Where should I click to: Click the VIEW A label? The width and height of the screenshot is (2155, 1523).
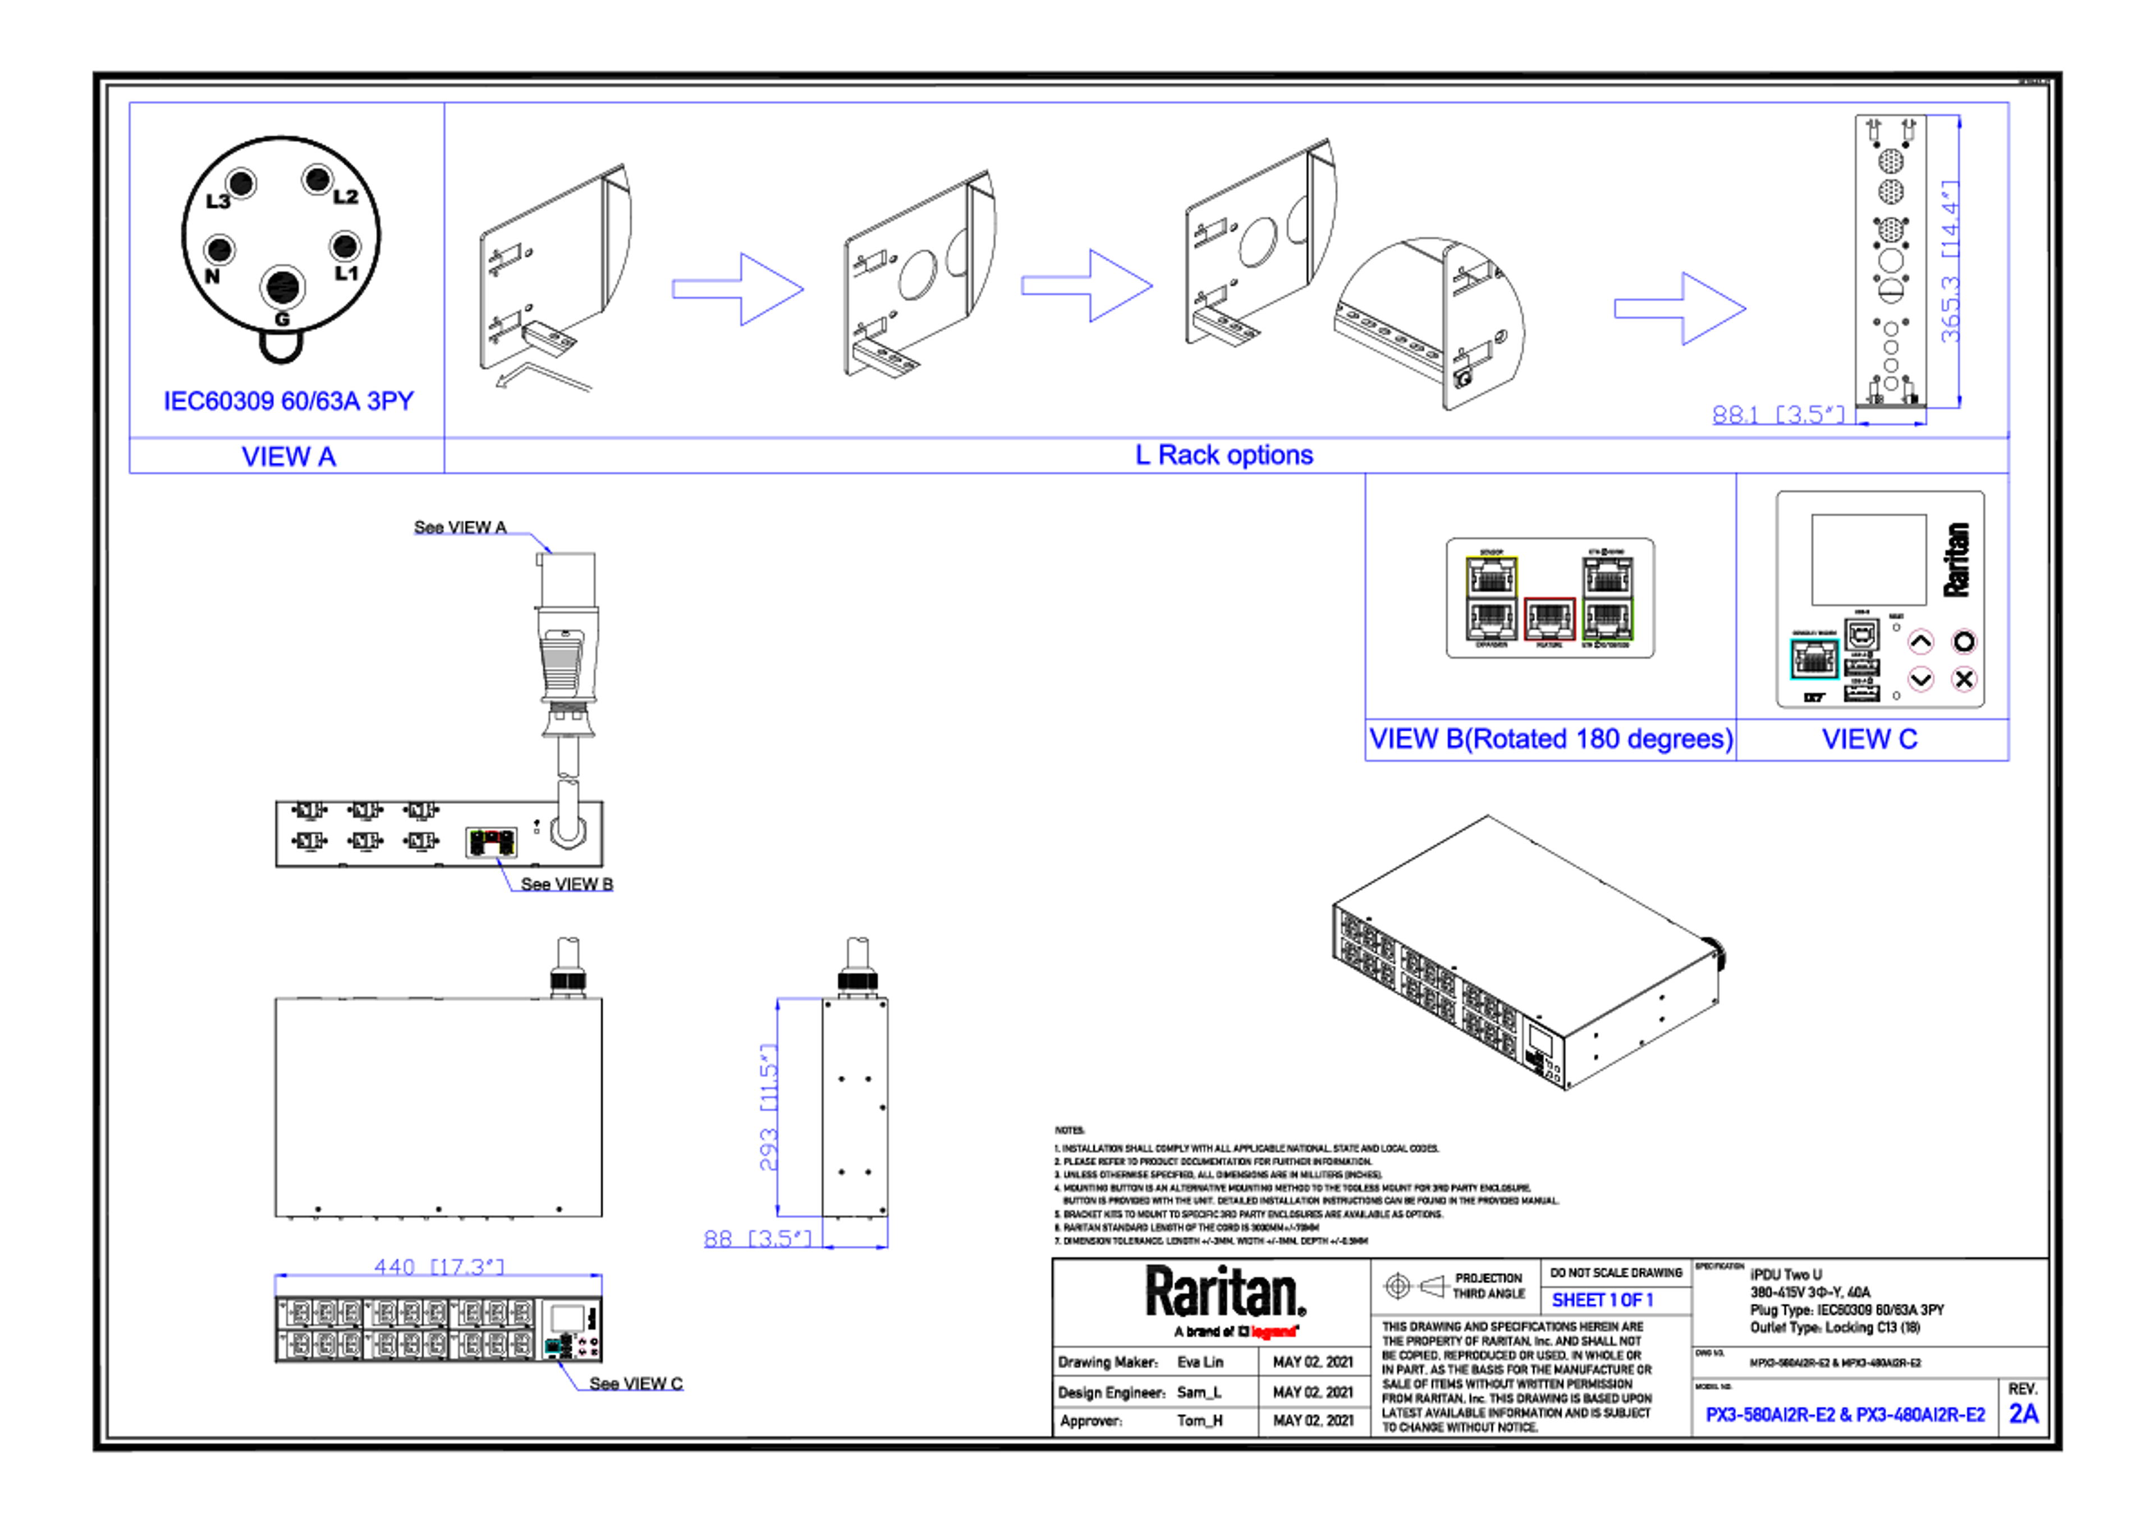(x=288, y=457)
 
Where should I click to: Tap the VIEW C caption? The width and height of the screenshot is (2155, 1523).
(x=1870, y=739)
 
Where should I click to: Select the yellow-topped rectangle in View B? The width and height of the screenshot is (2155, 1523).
(x=1492, y=598)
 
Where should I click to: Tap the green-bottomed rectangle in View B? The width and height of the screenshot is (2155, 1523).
(x=1608, y=598)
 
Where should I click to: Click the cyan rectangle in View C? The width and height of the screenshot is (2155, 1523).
(x=1814, y=659)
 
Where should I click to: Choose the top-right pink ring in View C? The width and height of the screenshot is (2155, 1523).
(x=1964, y=642)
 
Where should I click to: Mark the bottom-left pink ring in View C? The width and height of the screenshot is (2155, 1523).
(x=1920, y=678)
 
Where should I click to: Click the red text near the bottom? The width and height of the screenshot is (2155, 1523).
(x=1274, y=1331)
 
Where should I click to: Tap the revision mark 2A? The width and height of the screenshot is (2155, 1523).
(x=2024, y=1413)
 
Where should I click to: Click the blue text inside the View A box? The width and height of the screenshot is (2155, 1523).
(x=289, y=402)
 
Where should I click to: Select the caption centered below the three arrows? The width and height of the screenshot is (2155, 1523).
(x=1225, y=456)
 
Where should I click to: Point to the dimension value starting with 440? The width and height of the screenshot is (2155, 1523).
(x=439, y=1266)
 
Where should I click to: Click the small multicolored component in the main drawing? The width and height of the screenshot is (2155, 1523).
(x=492, y=842)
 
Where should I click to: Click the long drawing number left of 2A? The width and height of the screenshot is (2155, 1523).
(x=1845, y=1414)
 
